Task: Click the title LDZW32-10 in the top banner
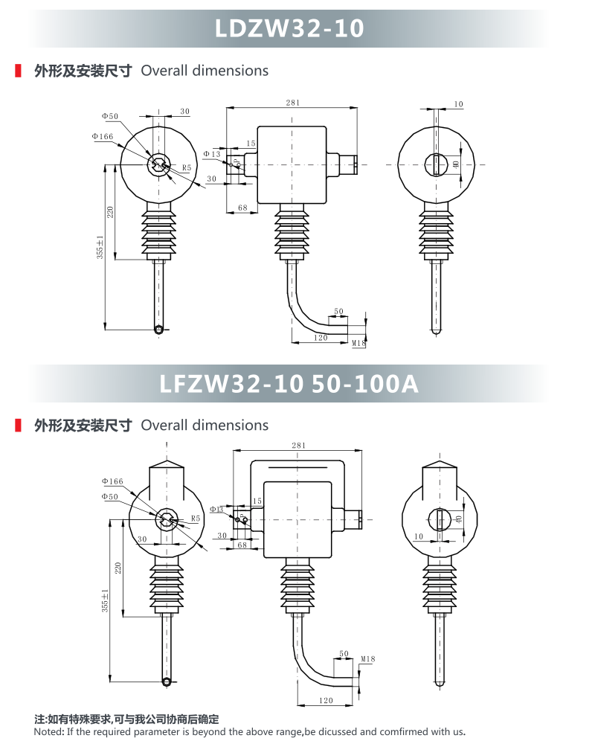pos(289,28)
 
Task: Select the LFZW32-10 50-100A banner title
pos(289,383)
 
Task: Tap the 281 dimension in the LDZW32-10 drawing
pos(292,103)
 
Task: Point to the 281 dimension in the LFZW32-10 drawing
pos(298,446)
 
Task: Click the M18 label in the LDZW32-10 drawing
pos(358,343)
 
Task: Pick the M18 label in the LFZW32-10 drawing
pos(367,659)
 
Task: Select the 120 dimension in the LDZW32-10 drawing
pos(321,338)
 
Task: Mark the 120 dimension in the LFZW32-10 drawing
pos(326,701)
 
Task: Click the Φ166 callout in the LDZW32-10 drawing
pos(103,136)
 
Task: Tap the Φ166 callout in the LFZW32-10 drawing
pos(112,482)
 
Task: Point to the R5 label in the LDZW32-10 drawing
pos(187,168)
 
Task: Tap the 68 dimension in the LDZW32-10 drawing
pos(242,208)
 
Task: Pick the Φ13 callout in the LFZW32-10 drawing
pos(216,510)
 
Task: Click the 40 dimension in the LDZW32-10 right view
pos(457,164)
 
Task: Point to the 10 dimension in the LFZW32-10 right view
pos(419,536)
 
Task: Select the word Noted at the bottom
pos(50,731)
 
